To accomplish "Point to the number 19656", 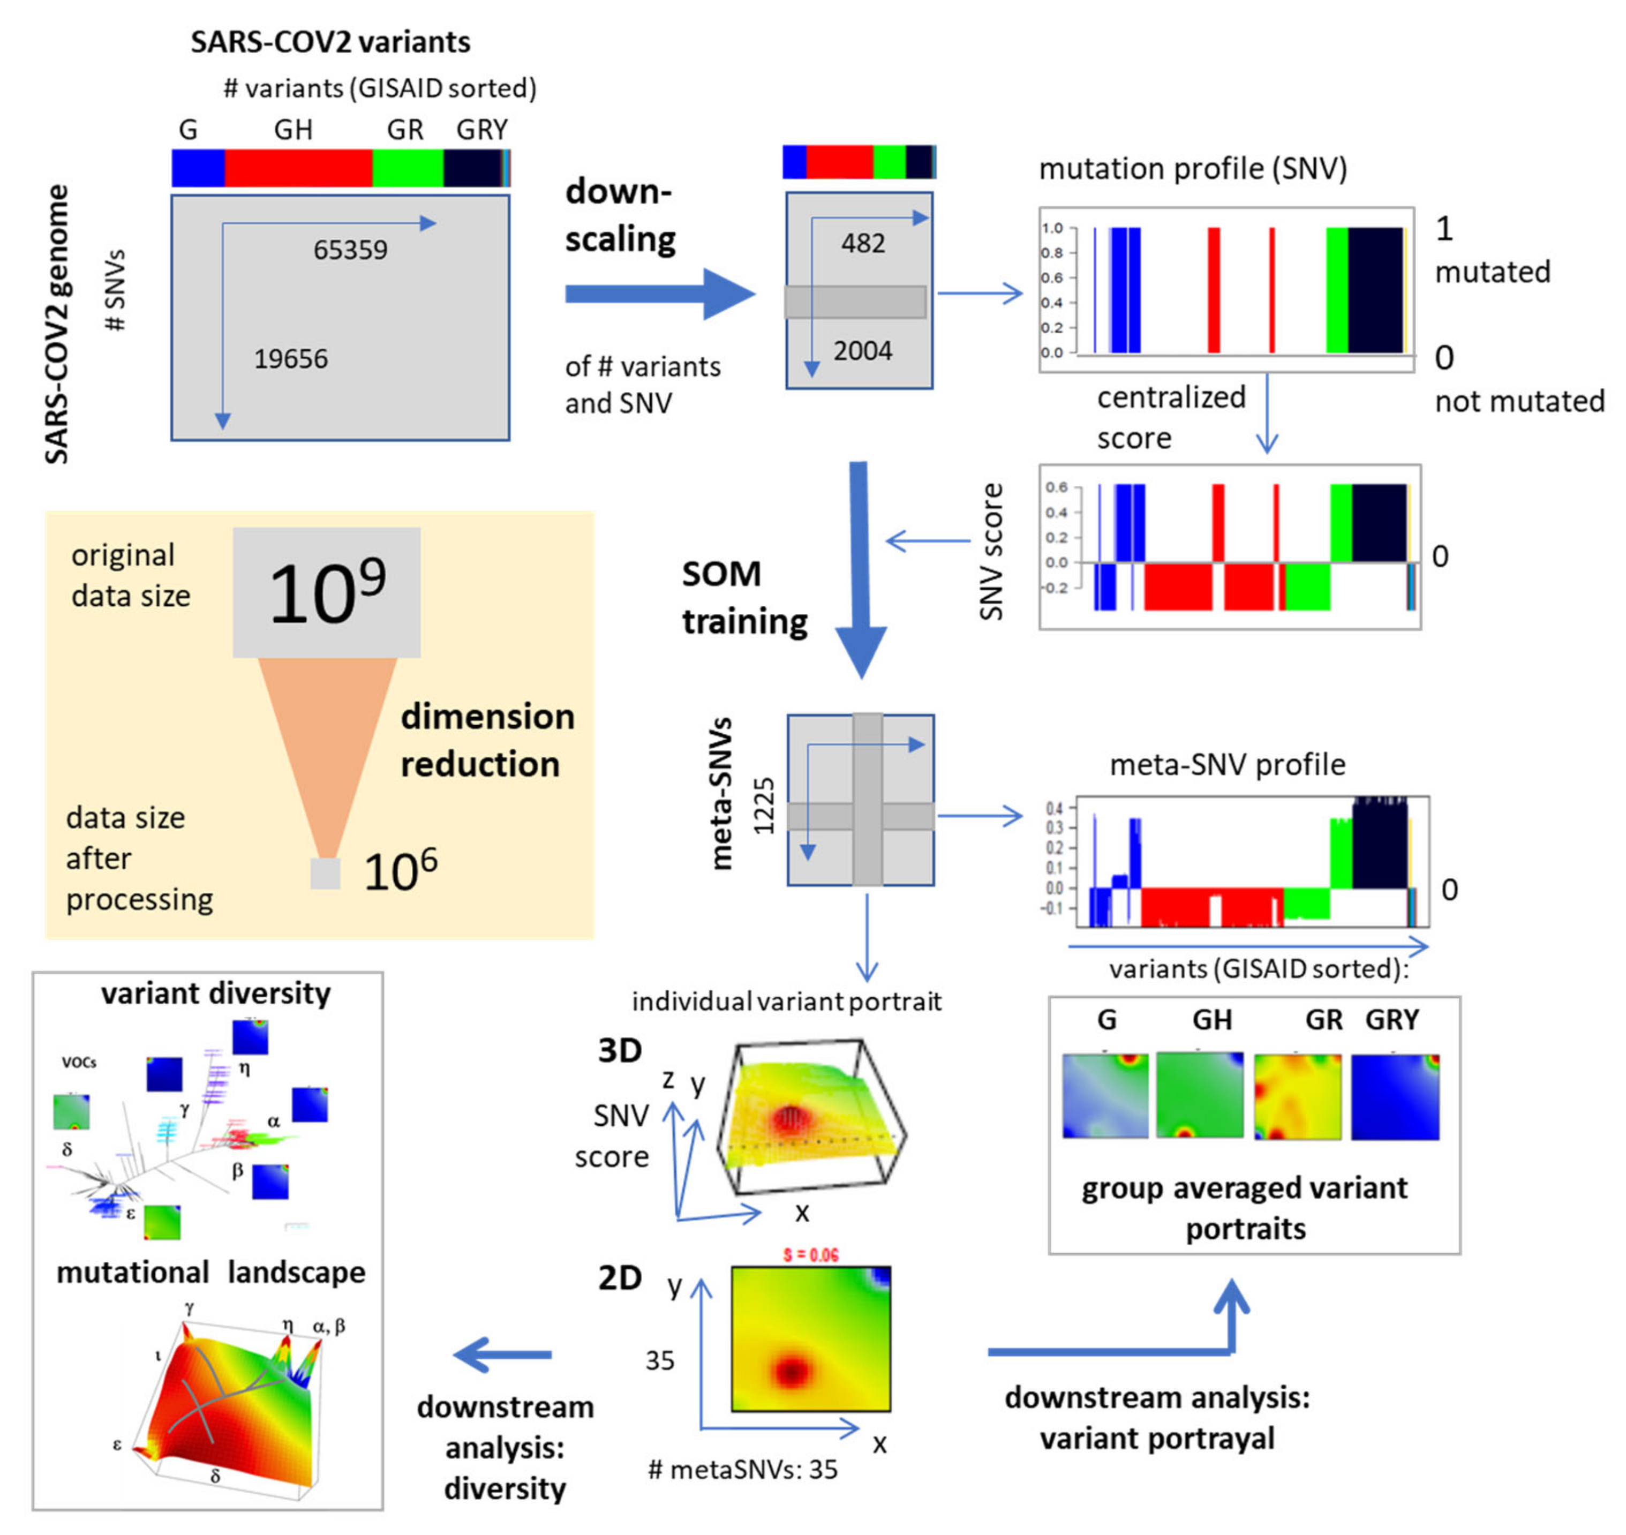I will pyautogui.click(x=290, y=358).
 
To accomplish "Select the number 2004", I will pyautogui.click(x=862, y=351).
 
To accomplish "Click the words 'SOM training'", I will pyautogui.click(x=744, y=597).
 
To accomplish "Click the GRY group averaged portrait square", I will pyautogui.click(x=1395, y=1096).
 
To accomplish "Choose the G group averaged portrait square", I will pyautogui.click(x=1105, y=1096).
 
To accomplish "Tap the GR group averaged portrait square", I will pyautogui.click(x=1297, y=1096).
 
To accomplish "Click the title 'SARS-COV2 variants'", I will pyautogui.click(x=330, y=42).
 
